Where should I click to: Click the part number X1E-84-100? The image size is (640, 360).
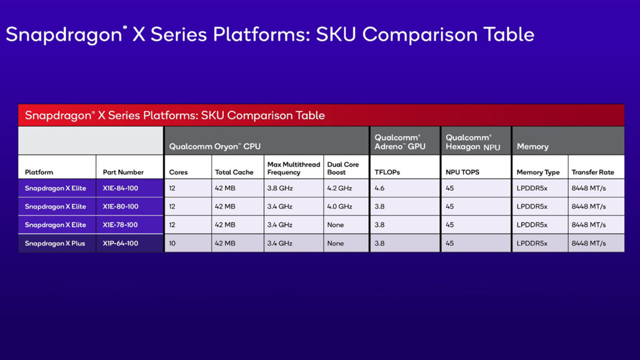(120, 188)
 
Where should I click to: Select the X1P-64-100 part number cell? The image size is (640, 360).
(120, 243)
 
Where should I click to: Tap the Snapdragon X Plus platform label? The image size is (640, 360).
(55, 243)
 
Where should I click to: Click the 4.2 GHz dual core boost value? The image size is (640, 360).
(339, 188)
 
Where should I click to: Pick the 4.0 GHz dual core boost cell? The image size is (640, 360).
(339, 206)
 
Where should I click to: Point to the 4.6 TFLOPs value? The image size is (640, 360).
(379, 188)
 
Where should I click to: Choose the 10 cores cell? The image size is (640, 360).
(173, 243)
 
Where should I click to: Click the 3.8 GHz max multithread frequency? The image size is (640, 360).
(280, 188)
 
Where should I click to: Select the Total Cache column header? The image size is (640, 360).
(234, 172)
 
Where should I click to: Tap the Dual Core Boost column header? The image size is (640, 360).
(343, 168)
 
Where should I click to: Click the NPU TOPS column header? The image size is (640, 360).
(462, 172)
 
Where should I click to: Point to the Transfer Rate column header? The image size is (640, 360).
(592, 172)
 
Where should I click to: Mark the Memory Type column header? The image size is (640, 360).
(538, 172)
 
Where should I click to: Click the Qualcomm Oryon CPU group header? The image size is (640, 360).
(214, 146)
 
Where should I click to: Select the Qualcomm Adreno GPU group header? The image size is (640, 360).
(400, 142)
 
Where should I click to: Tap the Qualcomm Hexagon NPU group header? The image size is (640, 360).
(472, 142)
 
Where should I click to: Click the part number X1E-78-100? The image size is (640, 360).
(120, 225)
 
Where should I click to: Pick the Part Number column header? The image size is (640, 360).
(123, 172)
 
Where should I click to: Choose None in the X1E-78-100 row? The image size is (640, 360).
(335, 225)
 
